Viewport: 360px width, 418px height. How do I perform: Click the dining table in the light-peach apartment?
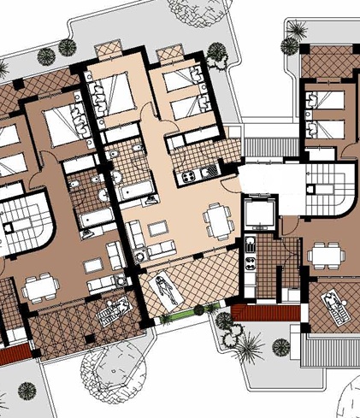click(x=218, y=221)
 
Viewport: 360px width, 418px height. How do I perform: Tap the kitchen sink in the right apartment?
click(x=251, y=248)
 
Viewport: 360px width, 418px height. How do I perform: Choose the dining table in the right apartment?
click(x=324, y=254)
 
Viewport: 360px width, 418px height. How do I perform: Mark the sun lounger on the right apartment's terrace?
click(x=335, y=304)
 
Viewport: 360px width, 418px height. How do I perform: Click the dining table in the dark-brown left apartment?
click(x=38, y=289)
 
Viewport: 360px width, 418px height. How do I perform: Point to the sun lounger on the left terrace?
click(x=112, y=314)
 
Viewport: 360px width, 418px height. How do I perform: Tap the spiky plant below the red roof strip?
click(x=250, y=345)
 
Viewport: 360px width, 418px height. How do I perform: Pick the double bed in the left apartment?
click(x=59, y=127)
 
